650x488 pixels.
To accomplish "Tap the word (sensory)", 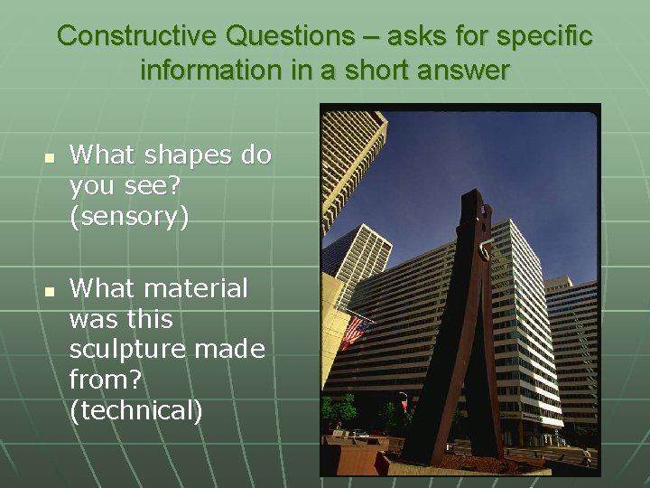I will tap(129, 217).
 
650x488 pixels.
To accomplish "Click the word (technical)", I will tap(136, 411).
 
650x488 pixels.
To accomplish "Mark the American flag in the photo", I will tap(353, 332).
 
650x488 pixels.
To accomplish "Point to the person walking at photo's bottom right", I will tap(587, 456).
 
